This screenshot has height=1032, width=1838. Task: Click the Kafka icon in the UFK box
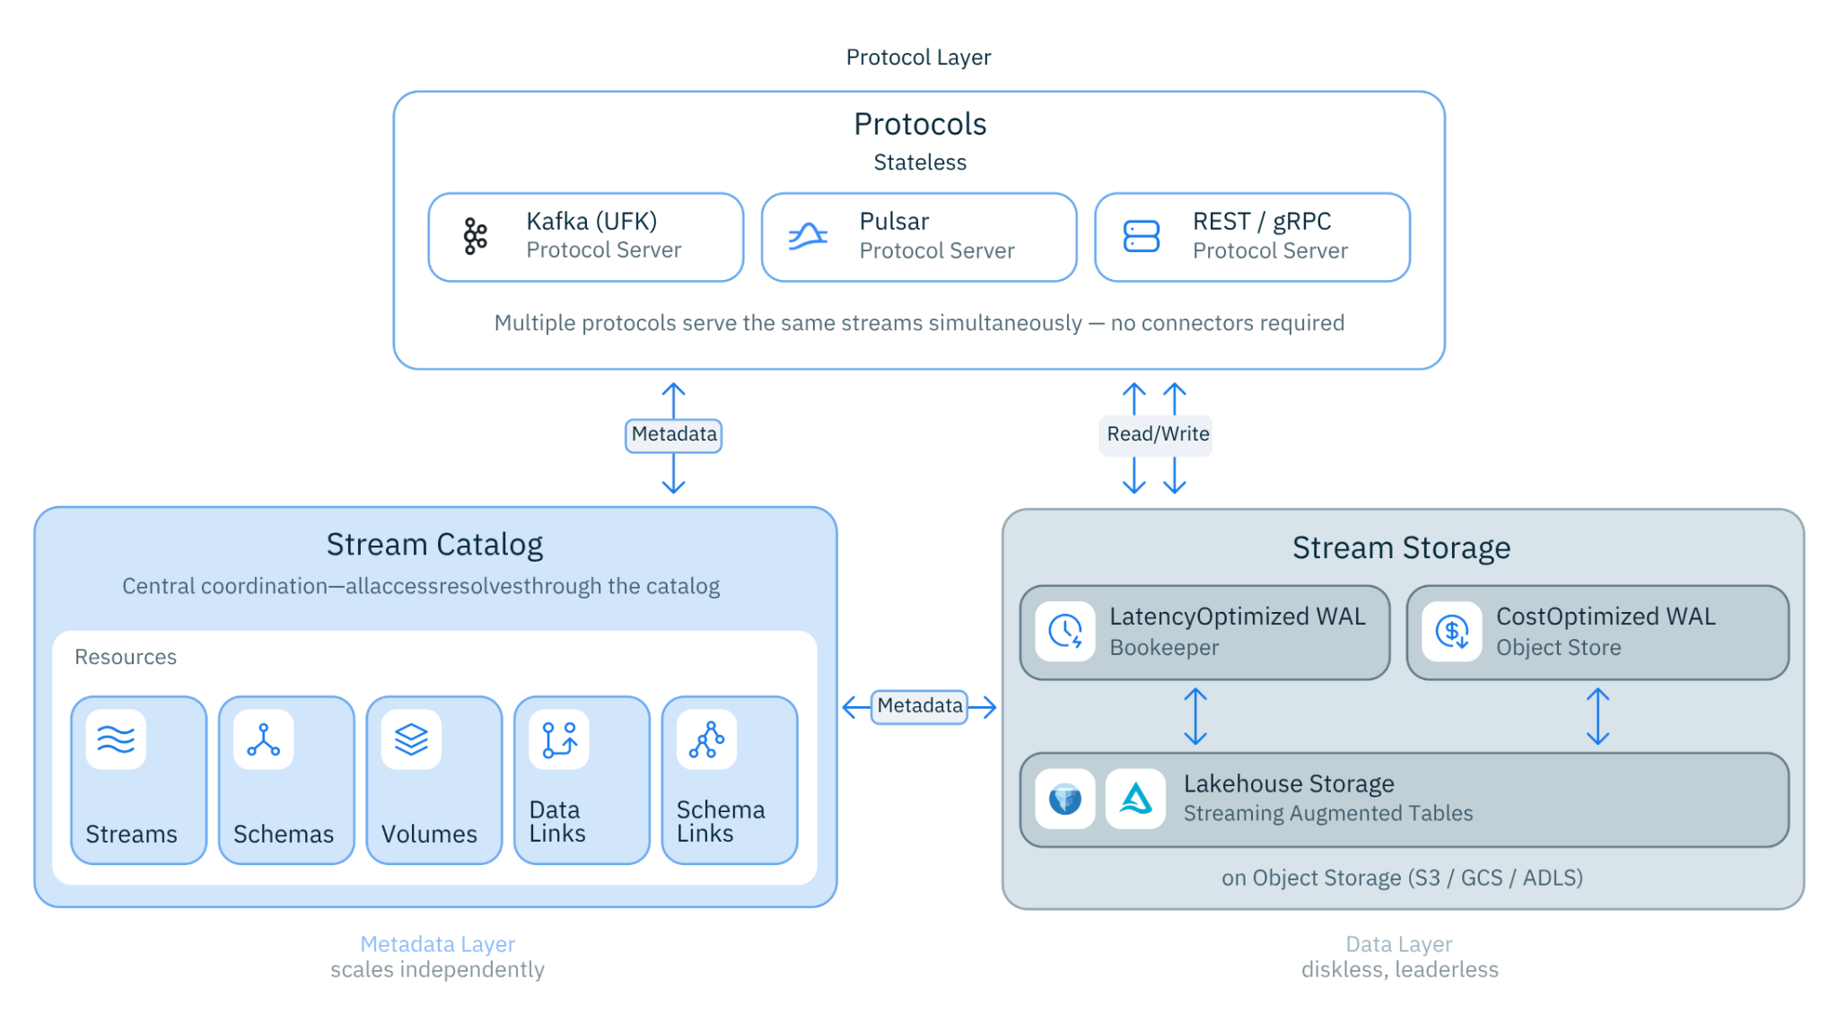pos(475,237)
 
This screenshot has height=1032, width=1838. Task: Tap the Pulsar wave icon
pos(808,237)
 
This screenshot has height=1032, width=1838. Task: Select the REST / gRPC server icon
pos(1141,237)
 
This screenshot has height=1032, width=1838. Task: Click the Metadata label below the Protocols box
pos(674,434)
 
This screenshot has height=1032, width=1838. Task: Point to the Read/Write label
pos(1157,434)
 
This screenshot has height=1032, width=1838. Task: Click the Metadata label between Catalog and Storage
pos(920,706)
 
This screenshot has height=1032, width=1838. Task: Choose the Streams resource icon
pos(116,739)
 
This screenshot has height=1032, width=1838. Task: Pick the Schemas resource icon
pos(263,739)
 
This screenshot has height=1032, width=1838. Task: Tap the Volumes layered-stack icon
pos(411,739)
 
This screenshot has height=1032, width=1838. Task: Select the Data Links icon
pos(559,739)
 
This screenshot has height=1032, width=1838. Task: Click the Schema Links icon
pos(706,739)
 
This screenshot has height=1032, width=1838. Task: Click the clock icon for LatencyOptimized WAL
pos(1065,631)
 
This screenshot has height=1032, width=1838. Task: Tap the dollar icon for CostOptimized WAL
pos(1451,631)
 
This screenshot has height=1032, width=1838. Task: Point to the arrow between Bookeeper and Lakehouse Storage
pos(1195,716)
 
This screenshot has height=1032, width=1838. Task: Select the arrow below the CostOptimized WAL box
pos(1597,716)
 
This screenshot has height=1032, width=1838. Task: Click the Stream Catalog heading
pos(434,545)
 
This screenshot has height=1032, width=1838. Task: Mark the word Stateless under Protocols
pos(920,162)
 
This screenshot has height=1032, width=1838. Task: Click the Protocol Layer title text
pos(918,57)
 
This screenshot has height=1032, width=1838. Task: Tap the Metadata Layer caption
pos(437,944)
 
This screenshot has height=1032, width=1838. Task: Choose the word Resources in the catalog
pos(126,657)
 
